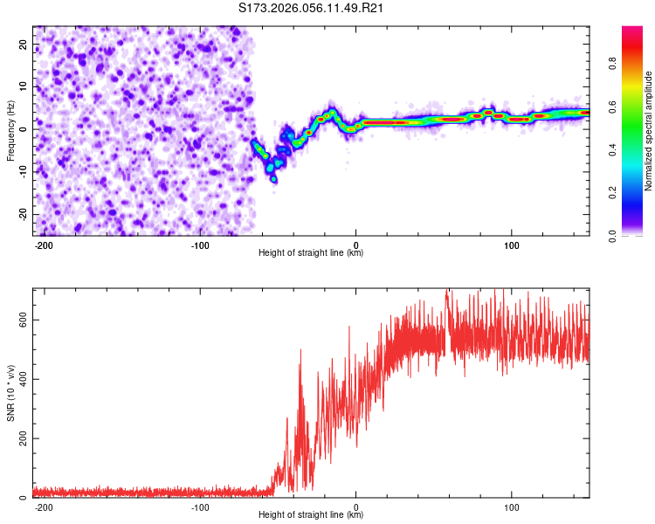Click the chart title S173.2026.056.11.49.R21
(x=312, y=9)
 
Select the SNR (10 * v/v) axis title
(x=10, y=393)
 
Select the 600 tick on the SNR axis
(x=22, y=320)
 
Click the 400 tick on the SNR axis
(x=22, y=379)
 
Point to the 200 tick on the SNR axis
(x=22, y=438)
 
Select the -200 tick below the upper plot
(x=44, y=245)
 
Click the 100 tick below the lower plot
(x=512, y=507)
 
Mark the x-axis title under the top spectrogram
(x=311, y=253)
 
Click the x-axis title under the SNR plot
(x=311, y=515)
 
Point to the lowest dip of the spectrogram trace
(x=273, y=179)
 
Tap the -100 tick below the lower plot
(x=200, y=507)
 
